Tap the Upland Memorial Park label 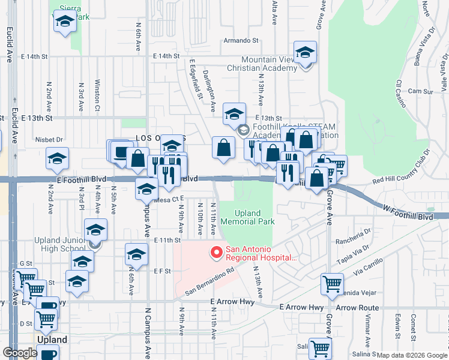[248, 217]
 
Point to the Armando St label [240, 41]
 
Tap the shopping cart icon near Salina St [321, 347]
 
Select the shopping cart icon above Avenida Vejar [332, 284]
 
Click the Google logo [20, 353]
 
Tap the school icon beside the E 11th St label [136, 254]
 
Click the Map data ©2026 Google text [412, 355]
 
